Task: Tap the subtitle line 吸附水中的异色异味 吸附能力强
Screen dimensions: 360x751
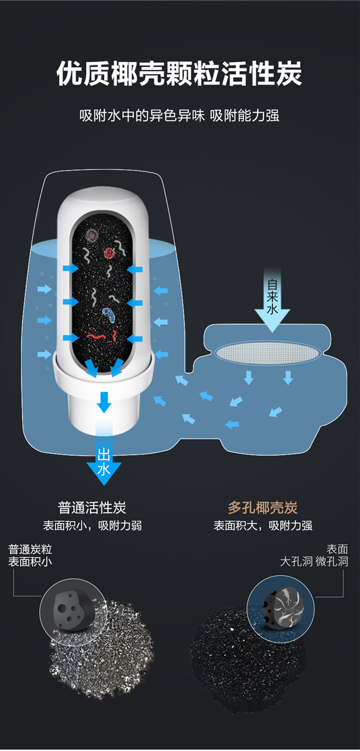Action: point(180,115)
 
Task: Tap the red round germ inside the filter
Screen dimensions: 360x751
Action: point(109,252)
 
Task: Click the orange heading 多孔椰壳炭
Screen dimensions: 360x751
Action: point(262,508)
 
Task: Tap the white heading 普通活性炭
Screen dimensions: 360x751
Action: point(92,508)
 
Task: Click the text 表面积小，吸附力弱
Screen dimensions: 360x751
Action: point(93,526)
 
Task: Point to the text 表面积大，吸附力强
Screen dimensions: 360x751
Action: point(263,526)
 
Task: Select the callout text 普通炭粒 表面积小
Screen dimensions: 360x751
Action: point(30,555)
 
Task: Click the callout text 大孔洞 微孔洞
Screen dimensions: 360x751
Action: point(314,561)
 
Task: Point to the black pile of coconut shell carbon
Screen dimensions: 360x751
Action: point(246,657)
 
